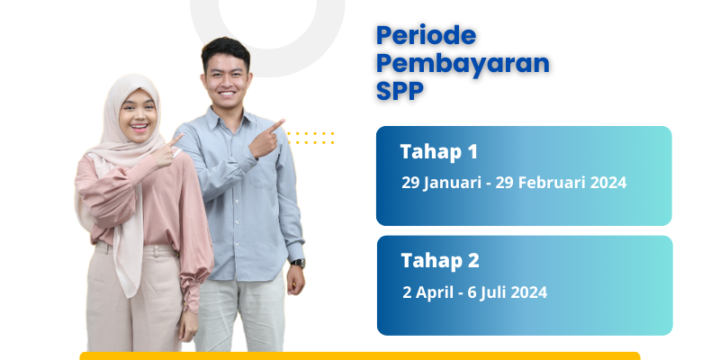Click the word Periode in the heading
click(x=426, y=35)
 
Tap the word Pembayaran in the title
click(x=463, y=64)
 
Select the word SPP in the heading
click(x=400, y=91)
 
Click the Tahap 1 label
click(x=438, y=151)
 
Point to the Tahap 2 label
click(x=440, y=261)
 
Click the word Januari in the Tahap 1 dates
click(x=452, y=183)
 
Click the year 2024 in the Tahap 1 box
click(x=608, y=183)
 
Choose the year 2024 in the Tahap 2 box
click(x=528, y=292)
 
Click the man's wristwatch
click(x=298, y=263)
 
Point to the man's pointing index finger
click(x=276, y=125)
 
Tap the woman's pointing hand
click(x=166, y=149)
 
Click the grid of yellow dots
click(x=310, y=138)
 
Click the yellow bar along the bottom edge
click(x=359, y=355)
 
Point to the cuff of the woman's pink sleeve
click(x=189, y=289)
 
